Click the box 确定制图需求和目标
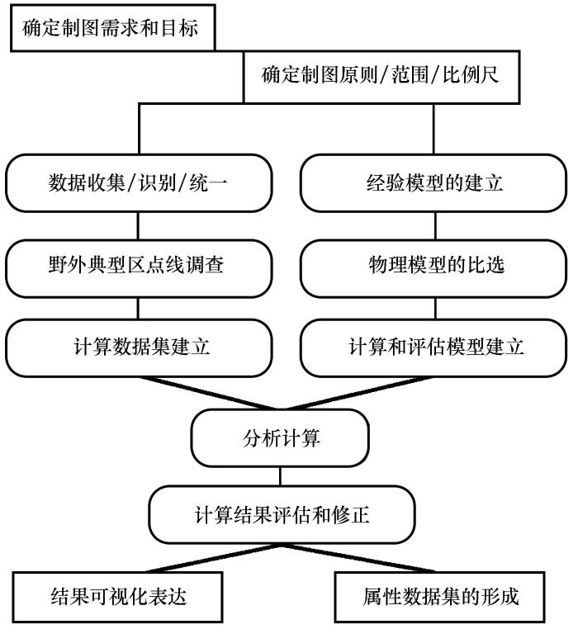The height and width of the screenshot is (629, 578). (113, 28)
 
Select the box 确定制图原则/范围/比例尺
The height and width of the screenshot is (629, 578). (381, 77)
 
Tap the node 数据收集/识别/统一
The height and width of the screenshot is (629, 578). (139, 183)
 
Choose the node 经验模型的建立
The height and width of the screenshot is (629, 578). (433, 183)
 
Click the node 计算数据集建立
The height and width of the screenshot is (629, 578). (139, 348)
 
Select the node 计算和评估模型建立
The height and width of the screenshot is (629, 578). (433, 348)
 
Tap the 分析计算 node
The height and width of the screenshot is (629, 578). (280, 438)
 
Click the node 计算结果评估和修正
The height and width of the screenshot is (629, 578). (282, 514)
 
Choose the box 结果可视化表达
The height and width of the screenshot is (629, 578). (117, 598)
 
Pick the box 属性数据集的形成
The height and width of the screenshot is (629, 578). (439, 598)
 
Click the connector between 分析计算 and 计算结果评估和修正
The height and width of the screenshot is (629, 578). (280, 476)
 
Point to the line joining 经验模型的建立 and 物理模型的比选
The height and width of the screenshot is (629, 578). (435, 226)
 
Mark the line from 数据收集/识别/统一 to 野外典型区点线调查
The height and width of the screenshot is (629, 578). (139, 226)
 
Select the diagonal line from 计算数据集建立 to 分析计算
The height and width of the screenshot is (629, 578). (207, 393)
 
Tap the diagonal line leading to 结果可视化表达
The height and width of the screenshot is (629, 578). (213, 558)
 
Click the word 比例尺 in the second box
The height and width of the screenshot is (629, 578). (471, 75)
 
